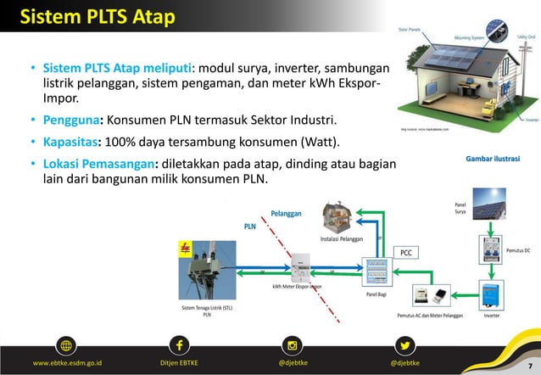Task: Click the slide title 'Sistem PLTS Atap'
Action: tap(97, 17)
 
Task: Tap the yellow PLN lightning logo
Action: tap(186, 249)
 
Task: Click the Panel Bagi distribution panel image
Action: tap(376, 272)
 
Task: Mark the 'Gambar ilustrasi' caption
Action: tap(493, 159)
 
